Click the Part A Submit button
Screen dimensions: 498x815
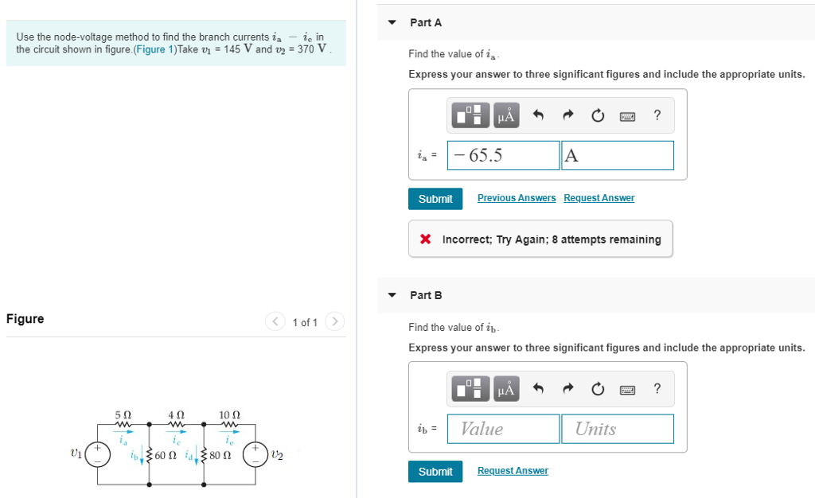pyautogui.click(x=435, y=199)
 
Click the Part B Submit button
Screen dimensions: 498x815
pyautogui.click(x=435, y=472)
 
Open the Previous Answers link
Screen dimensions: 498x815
pyautogui.click(x=517, y=198)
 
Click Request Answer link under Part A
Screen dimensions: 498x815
pyautogui.click(x=599, y=198)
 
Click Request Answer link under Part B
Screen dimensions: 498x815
pyautogui.click(x=513, y=471)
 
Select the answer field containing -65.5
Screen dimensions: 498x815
pyautogui.click(x=503, y=155)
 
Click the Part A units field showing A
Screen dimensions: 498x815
pyautogui.click(x=617, y=155)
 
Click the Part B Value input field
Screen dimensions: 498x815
pyautogui.click(x=503, y=429)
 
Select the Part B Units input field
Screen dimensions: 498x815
pyautogui.click(x=617, y=429)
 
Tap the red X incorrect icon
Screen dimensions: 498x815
pyautogui.click(x=426, y=239)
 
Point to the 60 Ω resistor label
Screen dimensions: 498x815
pyautogui.click(x=166, y=456)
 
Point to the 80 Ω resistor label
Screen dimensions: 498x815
pyautogui.click(x=221, y=456)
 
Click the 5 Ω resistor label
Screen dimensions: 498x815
pyautogui.click(x=123, y=415)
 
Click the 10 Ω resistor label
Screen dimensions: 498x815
pyautogui.click(x=229, y=415)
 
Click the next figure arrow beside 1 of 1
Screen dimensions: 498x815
pyautogui.click(x=335, y=322)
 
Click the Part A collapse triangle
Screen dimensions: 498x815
pyautogui.click(x=392, y=22)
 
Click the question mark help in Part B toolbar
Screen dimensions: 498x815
pyautogui.click(x=657, y=389)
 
